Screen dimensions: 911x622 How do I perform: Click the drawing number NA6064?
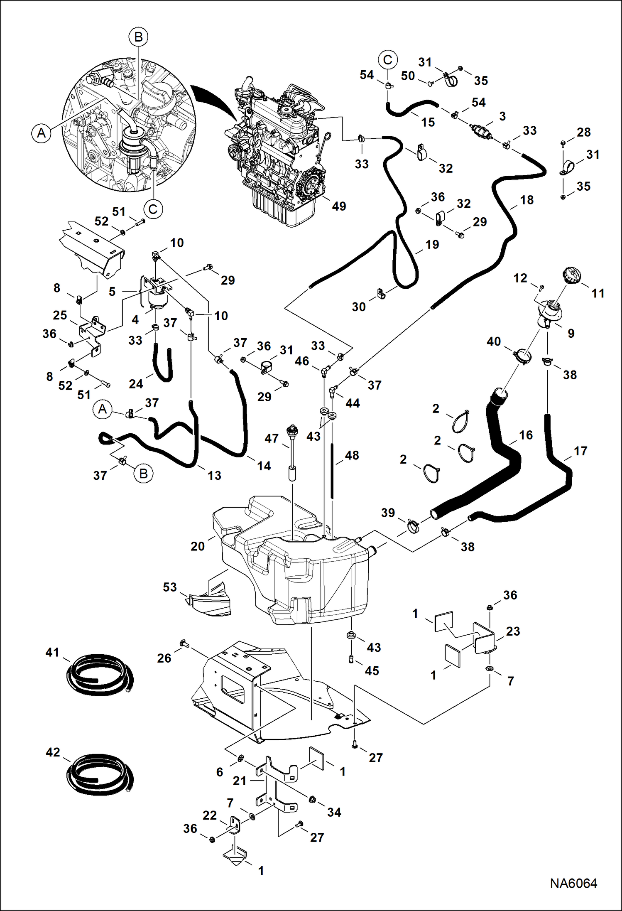[x=573, y=884]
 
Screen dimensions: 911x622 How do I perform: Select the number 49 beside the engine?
[x=339, y=206]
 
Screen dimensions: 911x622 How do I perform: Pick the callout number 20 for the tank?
[x=198, y=546]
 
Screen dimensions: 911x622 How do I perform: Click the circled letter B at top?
[x=138, y=37]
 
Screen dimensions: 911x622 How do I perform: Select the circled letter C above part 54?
[x=387, y=60]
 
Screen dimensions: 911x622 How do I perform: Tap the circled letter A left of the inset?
[x=42, y=133]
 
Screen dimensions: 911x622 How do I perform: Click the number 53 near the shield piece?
[x=170, y=587]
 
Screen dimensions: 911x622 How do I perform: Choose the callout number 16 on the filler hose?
[x=526, y=435]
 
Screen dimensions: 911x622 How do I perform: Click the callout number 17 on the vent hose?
[x=580, y=451]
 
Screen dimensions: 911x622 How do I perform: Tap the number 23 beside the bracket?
[x=513, y=631]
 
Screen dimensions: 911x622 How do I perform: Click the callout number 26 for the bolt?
[x=164, y=658]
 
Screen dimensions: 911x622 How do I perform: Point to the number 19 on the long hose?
[x=432, y=244]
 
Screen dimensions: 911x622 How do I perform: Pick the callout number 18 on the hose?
[x=526, y=200]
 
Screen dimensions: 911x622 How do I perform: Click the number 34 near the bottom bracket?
[x=334, y=812]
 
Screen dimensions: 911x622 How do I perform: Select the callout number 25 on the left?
[x=60, y=315]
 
